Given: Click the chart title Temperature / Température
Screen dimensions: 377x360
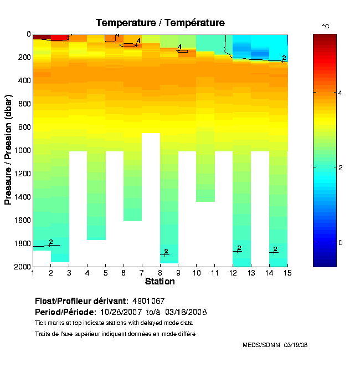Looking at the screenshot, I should (160, 23).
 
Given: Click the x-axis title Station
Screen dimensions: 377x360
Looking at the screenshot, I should (160, 282).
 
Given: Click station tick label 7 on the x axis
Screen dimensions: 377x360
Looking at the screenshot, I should (142, 273).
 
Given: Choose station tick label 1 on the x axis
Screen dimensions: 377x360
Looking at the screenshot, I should (33, 273).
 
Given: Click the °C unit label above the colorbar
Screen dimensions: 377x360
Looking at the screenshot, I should (325, 26).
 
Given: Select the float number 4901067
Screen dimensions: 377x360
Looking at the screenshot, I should (148, 301).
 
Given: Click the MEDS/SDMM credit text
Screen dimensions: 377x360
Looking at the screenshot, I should (275, 345).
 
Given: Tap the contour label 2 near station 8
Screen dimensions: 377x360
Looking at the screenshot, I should (166, 252).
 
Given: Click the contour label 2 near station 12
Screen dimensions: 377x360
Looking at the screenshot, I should (239, 248).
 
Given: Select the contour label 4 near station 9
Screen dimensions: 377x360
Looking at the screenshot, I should (179, 48).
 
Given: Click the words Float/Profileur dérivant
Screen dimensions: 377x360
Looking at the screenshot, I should (81, 301).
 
